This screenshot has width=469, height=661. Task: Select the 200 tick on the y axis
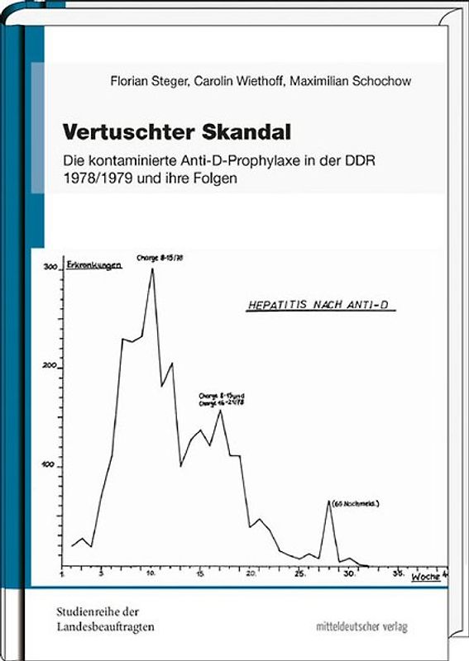[x=50, y=366]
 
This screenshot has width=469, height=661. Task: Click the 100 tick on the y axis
[x=51, y=465]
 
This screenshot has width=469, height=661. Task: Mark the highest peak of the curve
[x=152, y=269]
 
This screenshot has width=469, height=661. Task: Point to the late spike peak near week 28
[x=329, y=502]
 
